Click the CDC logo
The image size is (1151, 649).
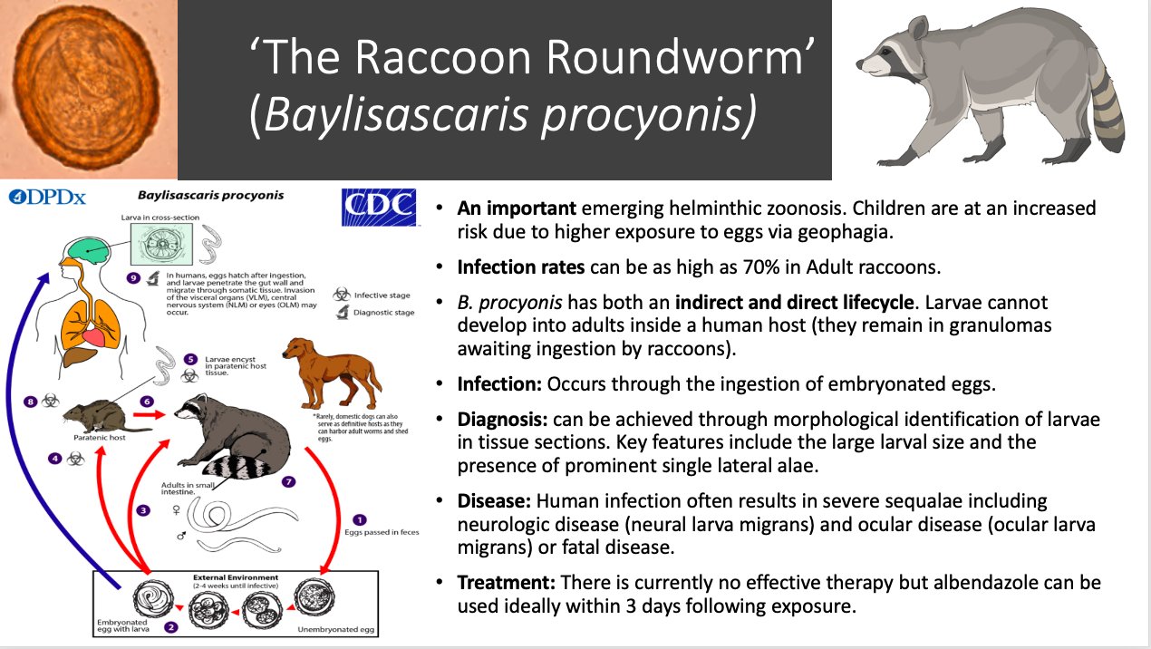click(x=378, y=207)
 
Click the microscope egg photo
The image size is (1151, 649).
click(x=87, y=88)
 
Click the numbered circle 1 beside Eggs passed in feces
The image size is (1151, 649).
click(x=360, y=519)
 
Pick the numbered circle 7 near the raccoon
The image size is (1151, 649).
click(x=289, y=480)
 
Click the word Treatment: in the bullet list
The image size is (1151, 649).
click(x=498, y=583)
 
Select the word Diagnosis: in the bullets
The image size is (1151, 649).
click(x=497, y=421)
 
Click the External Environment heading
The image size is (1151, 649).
click(x=235, y=577)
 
